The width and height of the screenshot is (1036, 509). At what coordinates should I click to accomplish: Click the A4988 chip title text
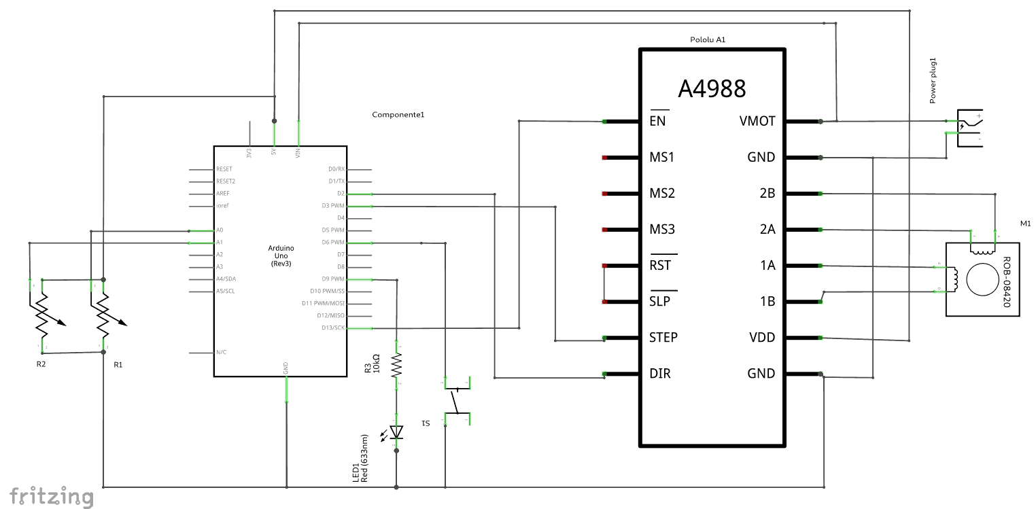[x=712, y=89]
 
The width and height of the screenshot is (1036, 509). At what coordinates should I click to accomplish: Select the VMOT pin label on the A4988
[x=757, y=122]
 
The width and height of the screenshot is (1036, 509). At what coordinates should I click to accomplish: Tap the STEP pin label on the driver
[x=663, y=338]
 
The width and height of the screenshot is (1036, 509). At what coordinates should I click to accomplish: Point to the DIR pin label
[x=659, y=374]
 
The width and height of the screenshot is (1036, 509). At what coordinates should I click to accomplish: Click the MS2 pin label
[x=662, y=194]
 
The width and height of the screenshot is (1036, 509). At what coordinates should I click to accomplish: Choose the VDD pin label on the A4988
[x=761, y=338]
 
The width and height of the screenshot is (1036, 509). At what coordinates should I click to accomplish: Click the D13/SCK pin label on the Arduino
[x=333, y=328]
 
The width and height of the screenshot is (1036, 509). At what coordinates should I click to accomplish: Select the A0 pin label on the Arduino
[x=220, y=230]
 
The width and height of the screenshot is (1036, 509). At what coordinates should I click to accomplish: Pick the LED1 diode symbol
[x=397, y=432]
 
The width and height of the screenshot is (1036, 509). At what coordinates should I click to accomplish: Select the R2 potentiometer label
[x=41, y=364]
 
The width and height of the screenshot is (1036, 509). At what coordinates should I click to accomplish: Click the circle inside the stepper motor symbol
[x=982, y=279]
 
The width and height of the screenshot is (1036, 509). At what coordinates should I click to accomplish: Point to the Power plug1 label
[x=933, y=82]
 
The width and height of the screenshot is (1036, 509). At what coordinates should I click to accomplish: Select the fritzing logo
[x=51, y=496]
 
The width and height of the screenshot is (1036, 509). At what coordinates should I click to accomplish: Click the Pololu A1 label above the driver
[x=708, y=40]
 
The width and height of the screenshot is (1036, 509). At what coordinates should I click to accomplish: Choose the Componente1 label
[x=398, y=114]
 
